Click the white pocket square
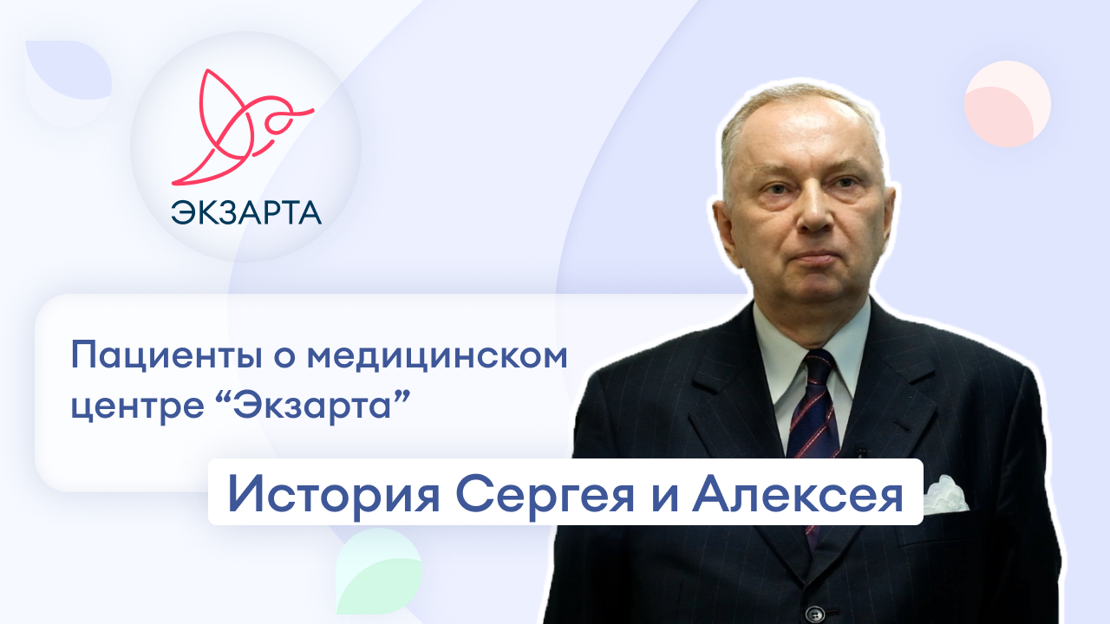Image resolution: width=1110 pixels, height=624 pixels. click(x=944, y=494)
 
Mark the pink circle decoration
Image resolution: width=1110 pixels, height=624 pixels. click(x=1007, y=103)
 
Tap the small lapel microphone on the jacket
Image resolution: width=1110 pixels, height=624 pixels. click(x=860, y=452)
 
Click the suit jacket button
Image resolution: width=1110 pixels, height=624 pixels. click(x=813, y=613)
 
